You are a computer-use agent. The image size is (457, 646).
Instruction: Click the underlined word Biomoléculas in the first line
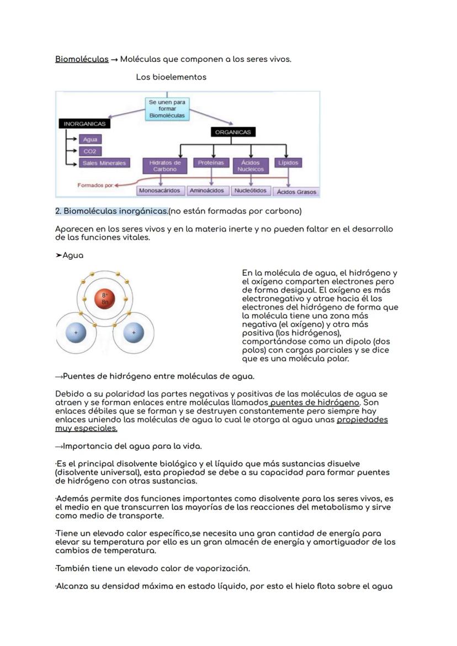coord(82,59)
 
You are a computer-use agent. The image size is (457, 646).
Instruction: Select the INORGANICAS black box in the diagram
coord(84,124)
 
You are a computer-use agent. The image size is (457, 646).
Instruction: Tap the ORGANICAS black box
coord(232,132)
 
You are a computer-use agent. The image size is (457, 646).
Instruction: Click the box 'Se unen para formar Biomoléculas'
coord(167,109)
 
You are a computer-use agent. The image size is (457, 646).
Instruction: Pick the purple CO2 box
coord(89,151)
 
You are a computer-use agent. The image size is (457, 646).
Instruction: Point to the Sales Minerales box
coord(104,163)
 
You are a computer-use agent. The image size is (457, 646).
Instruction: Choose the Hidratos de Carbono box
coord(165,166)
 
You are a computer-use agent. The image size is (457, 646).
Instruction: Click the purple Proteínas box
coord(210,163)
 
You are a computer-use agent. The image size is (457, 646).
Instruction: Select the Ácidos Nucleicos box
coord(251,166)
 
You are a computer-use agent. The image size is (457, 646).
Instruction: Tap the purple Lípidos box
coord(288,163)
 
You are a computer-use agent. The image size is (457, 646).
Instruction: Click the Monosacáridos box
coord(160,191)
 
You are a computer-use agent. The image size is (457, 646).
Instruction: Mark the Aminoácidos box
coord(206,191)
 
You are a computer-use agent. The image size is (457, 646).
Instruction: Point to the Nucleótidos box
coord(250,191)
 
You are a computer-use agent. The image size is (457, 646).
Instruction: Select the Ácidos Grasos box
coord(297,192)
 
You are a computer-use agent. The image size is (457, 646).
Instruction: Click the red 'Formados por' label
coord(95,185)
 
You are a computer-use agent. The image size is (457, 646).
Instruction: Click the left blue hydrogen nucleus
coord(76,333)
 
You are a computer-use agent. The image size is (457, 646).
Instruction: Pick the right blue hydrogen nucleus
coord(133,333)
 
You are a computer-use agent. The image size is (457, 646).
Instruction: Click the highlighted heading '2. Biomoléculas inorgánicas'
coord(112,211)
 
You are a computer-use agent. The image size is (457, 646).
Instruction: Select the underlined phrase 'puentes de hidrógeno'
coord(315,402)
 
